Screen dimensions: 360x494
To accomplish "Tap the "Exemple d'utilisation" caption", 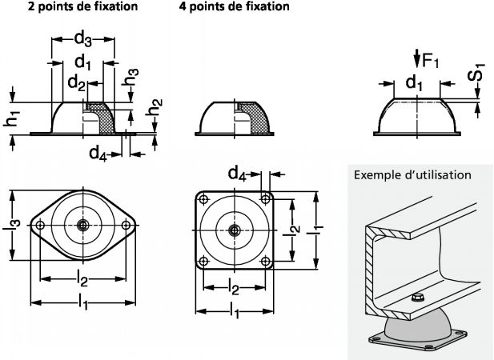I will click(x=412, y=174).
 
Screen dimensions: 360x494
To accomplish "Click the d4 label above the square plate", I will click(x=238, y=171).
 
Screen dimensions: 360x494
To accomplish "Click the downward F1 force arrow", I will click(x=416, y=58).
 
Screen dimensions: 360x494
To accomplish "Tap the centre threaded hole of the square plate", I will click(x=233, y=230).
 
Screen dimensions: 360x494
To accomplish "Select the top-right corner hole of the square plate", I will click(x=264, y=199).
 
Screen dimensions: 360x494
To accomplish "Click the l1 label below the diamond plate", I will click(x=83, y=302).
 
